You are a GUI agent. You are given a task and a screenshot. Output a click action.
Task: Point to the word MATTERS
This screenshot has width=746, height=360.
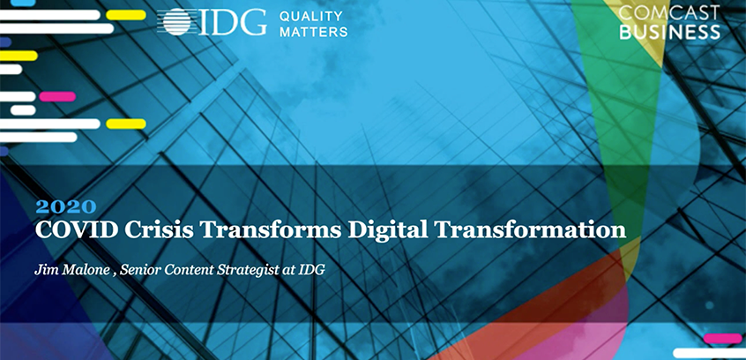313,32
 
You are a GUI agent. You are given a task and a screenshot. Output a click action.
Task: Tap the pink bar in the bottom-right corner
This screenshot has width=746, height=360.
723,338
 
